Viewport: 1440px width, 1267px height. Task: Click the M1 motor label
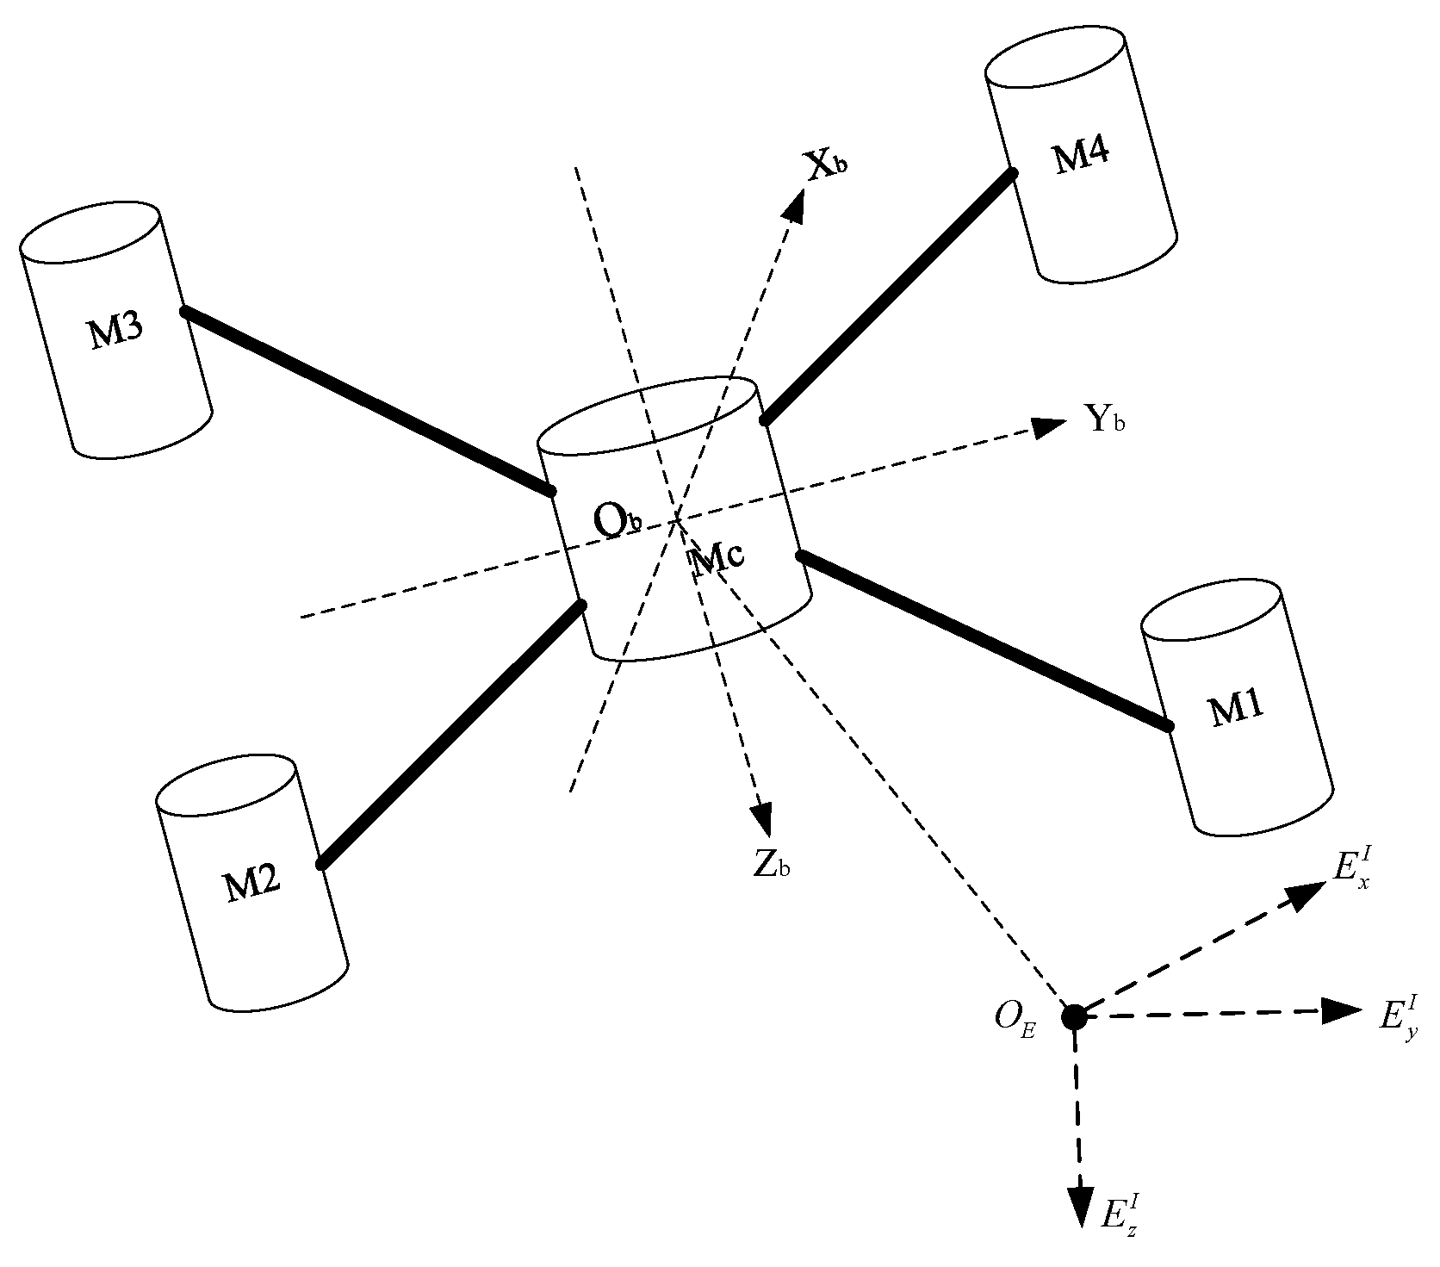1237,710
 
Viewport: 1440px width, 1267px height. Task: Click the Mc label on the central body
717,558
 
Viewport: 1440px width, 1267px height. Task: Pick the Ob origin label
618,521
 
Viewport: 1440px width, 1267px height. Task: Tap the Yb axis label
1105,420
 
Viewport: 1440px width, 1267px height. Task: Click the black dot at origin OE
1074,1016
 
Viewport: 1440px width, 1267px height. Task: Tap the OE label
1015,1018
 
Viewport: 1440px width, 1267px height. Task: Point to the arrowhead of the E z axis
1077,1201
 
